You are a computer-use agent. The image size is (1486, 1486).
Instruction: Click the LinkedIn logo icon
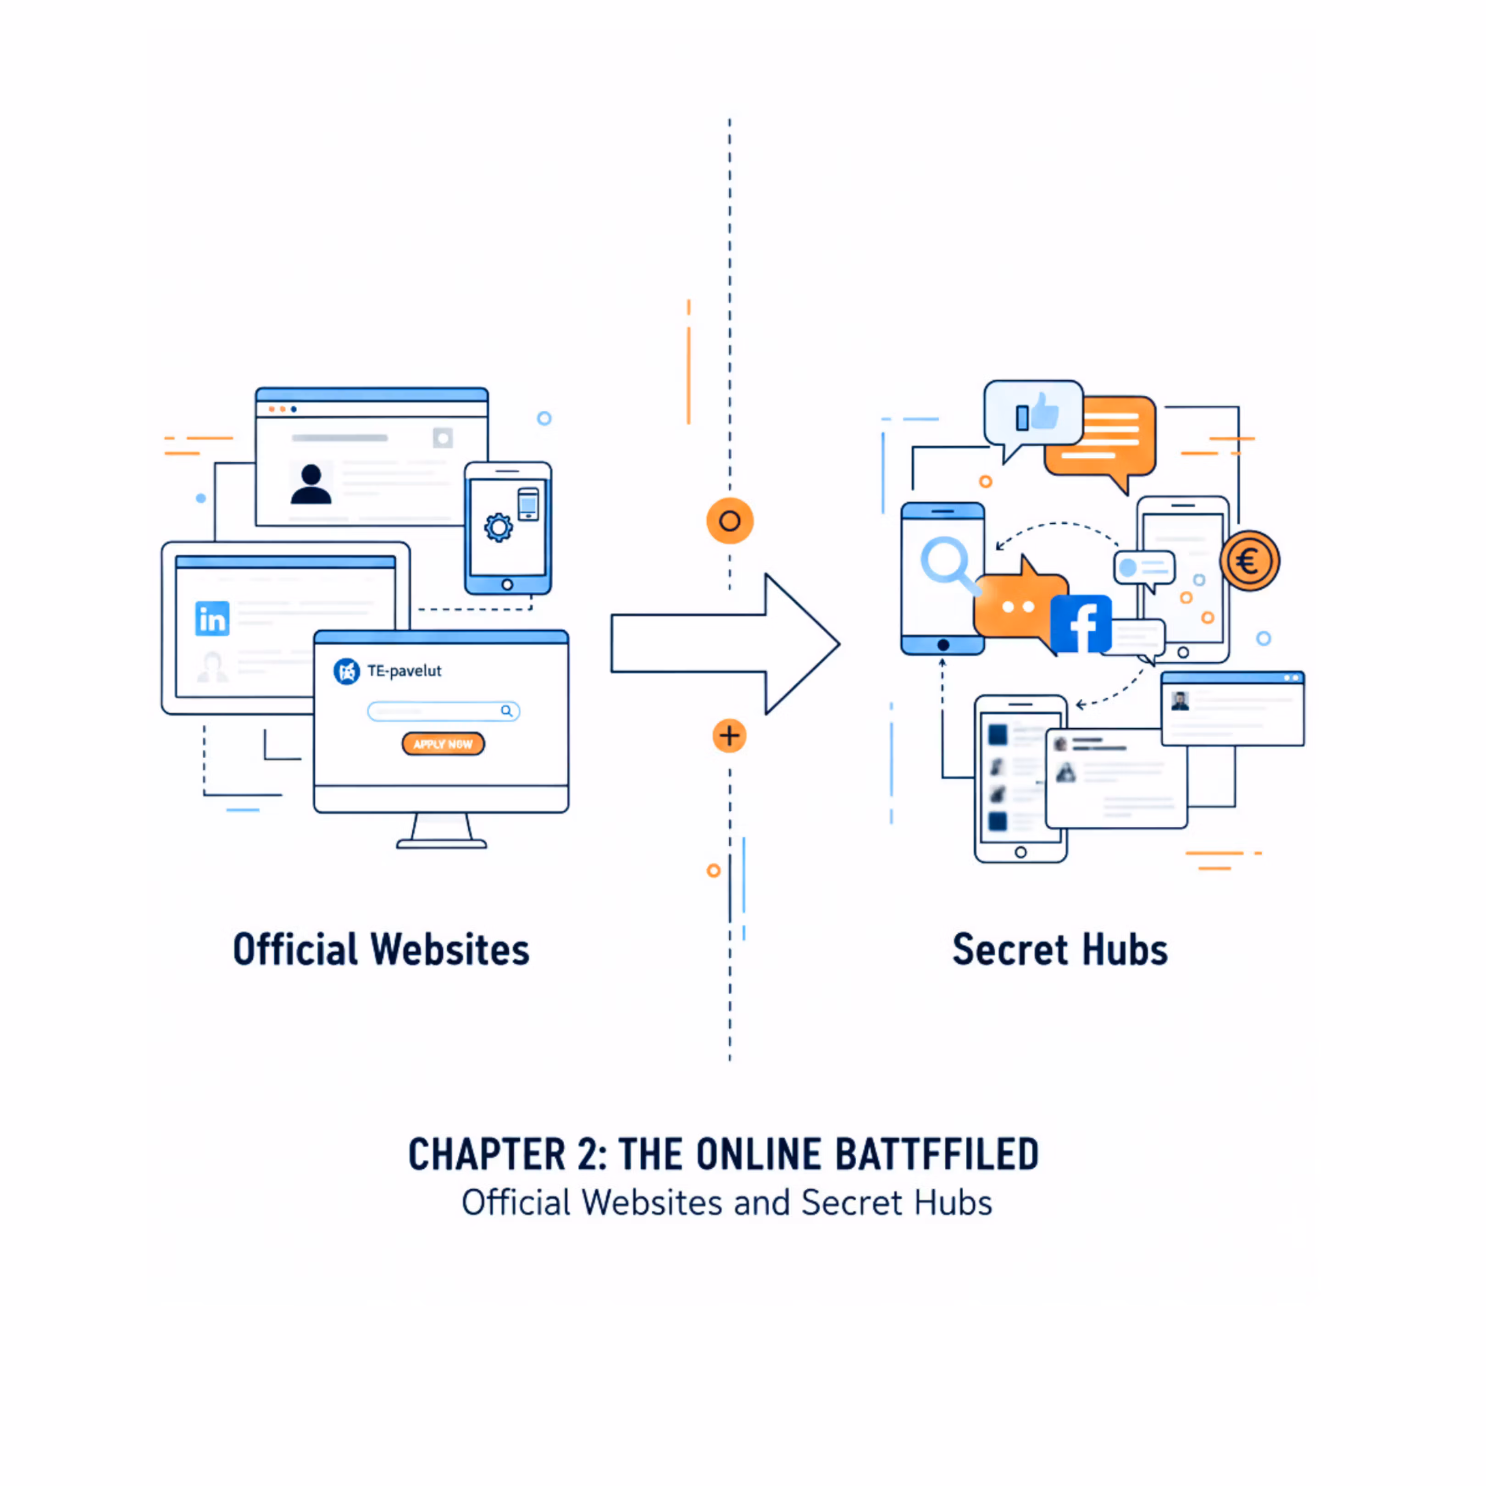[212, 618]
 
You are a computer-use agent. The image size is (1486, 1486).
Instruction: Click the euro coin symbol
[1249, 561]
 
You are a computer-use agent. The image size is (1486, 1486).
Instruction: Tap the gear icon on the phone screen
[499, 527]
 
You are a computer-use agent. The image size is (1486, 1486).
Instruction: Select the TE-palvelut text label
[405, 671]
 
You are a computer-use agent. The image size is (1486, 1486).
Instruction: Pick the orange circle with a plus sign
[729, 736]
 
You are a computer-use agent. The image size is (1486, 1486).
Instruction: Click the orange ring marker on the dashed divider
[729, 521]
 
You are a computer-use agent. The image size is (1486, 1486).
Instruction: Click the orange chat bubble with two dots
[1017, 606]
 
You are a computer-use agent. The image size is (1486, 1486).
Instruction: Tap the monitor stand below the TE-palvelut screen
[442, 830]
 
